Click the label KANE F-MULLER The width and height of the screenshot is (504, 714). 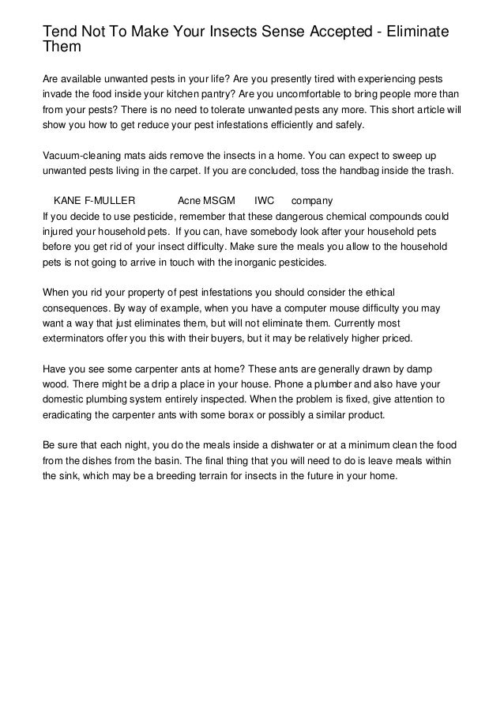[x=93, y=201]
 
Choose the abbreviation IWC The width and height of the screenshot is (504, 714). [x=264, y=201]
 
